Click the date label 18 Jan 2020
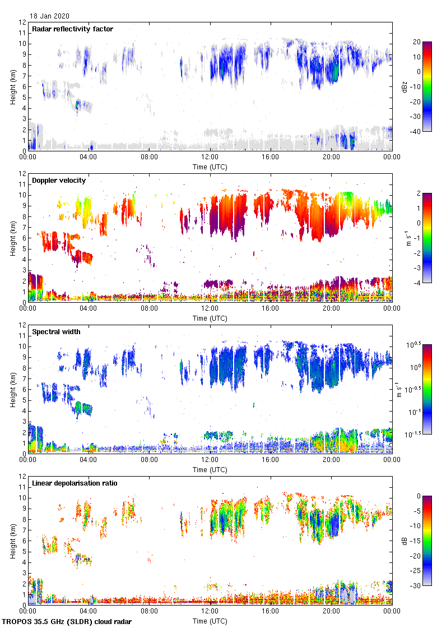pyautogui.click(x=50, y=16)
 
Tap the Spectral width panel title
pyautogui.click(x=56, y=332)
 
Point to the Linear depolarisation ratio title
pyautogui.click(x=75, y=483)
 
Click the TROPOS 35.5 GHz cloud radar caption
pyautogui.click(x=68, y=622)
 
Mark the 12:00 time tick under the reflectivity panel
pyautogui.click(x=210, y=158)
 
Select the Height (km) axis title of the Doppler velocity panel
pyautogui.click(x=12, y=238)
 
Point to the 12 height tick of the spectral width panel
pyautogui.click(x=22, y=325)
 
